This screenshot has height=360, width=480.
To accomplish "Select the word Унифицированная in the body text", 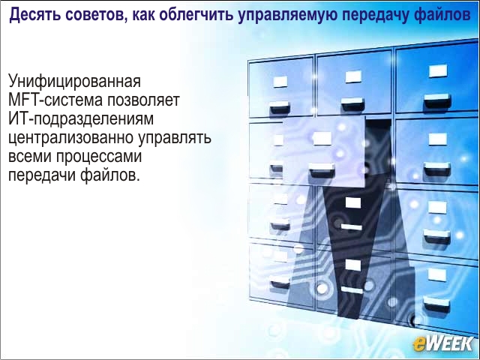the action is (74, 82).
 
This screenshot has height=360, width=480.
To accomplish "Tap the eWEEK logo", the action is (442, 344).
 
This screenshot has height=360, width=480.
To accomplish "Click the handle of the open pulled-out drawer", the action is (322, 170).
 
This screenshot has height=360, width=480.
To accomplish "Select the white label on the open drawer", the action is (322, 139).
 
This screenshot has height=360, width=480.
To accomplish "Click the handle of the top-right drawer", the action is (437, 101).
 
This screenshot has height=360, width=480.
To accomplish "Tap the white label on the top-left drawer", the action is (280, 82).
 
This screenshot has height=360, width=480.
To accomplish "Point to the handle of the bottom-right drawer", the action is (436, 304).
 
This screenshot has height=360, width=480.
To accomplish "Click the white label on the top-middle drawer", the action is (353, 76).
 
